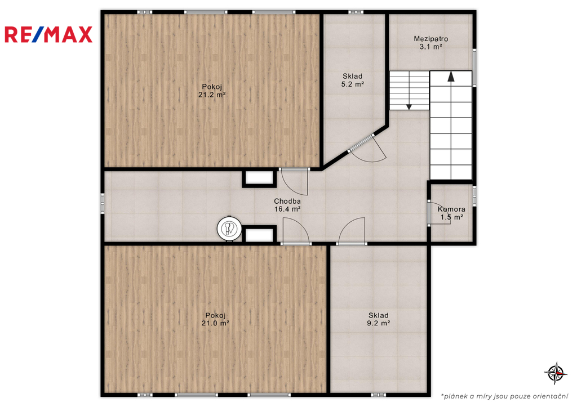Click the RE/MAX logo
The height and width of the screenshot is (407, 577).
(x=48, y=34)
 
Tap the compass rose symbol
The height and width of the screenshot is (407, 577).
(x=555, y=373)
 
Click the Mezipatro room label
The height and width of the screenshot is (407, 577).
(x=430, y=39)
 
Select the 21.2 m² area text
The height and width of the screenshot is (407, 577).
(x=212, y=95)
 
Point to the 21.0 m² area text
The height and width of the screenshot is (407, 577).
(x=215, y=323)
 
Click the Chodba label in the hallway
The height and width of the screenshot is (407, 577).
(x=287, y=201)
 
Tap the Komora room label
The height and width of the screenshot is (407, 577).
(x=451, y=209)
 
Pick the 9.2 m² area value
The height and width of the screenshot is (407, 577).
(x=378, y=323)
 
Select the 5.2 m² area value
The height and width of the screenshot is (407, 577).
(x=353, y=84)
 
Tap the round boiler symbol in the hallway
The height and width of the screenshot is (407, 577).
(x=230, y=229)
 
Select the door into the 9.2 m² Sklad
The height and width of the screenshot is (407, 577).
(x=352, y=231)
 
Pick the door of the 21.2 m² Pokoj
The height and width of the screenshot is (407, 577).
(x=294, y=181)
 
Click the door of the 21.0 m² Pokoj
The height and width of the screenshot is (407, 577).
(x=296, y=231)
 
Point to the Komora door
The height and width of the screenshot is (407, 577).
(x=438, y=213)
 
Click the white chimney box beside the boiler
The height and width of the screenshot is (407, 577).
(x=259, y=235)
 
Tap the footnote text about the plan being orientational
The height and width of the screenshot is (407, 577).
(x=504, y=396)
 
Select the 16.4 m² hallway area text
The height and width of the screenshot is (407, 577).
(x=287, y=209)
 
